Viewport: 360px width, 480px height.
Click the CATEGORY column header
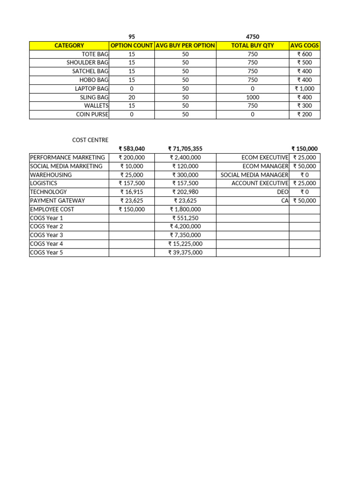click(69, 45)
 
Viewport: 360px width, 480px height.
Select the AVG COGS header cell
click(305, 45)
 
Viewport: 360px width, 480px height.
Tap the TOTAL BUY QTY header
click(253, 45)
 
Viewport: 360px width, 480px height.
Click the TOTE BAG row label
click(95, 54)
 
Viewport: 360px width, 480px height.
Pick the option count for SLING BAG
click(131, 97)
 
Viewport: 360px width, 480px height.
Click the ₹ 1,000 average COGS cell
click(305, 89)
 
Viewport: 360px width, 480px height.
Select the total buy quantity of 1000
click(253, 97)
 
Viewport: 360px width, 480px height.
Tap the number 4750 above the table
click(253, 37)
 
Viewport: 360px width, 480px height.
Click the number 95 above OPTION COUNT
click(131, 37)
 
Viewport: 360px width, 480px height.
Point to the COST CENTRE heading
click(90, 140)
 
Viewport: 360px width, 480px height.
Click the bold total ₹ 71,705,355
click(185, 149)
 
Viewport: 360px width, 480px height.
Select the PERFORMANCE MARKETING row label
click(67, 157)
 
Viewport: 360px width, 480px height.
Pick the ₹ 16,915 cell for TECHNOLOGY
click(132, 192)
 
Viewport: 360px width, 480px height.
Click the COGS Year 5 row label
click(46, 252)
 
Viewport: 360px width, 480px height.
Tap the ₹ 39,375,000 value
click(185, 252)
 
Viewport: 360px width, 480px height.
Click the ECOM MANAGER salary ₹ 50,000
click(305, 166)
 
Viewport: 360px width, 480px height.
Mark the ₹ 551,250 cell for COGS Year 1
click(185, 218)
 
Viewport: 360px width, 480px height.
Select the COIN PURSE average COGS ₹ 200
click(305, 114)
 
